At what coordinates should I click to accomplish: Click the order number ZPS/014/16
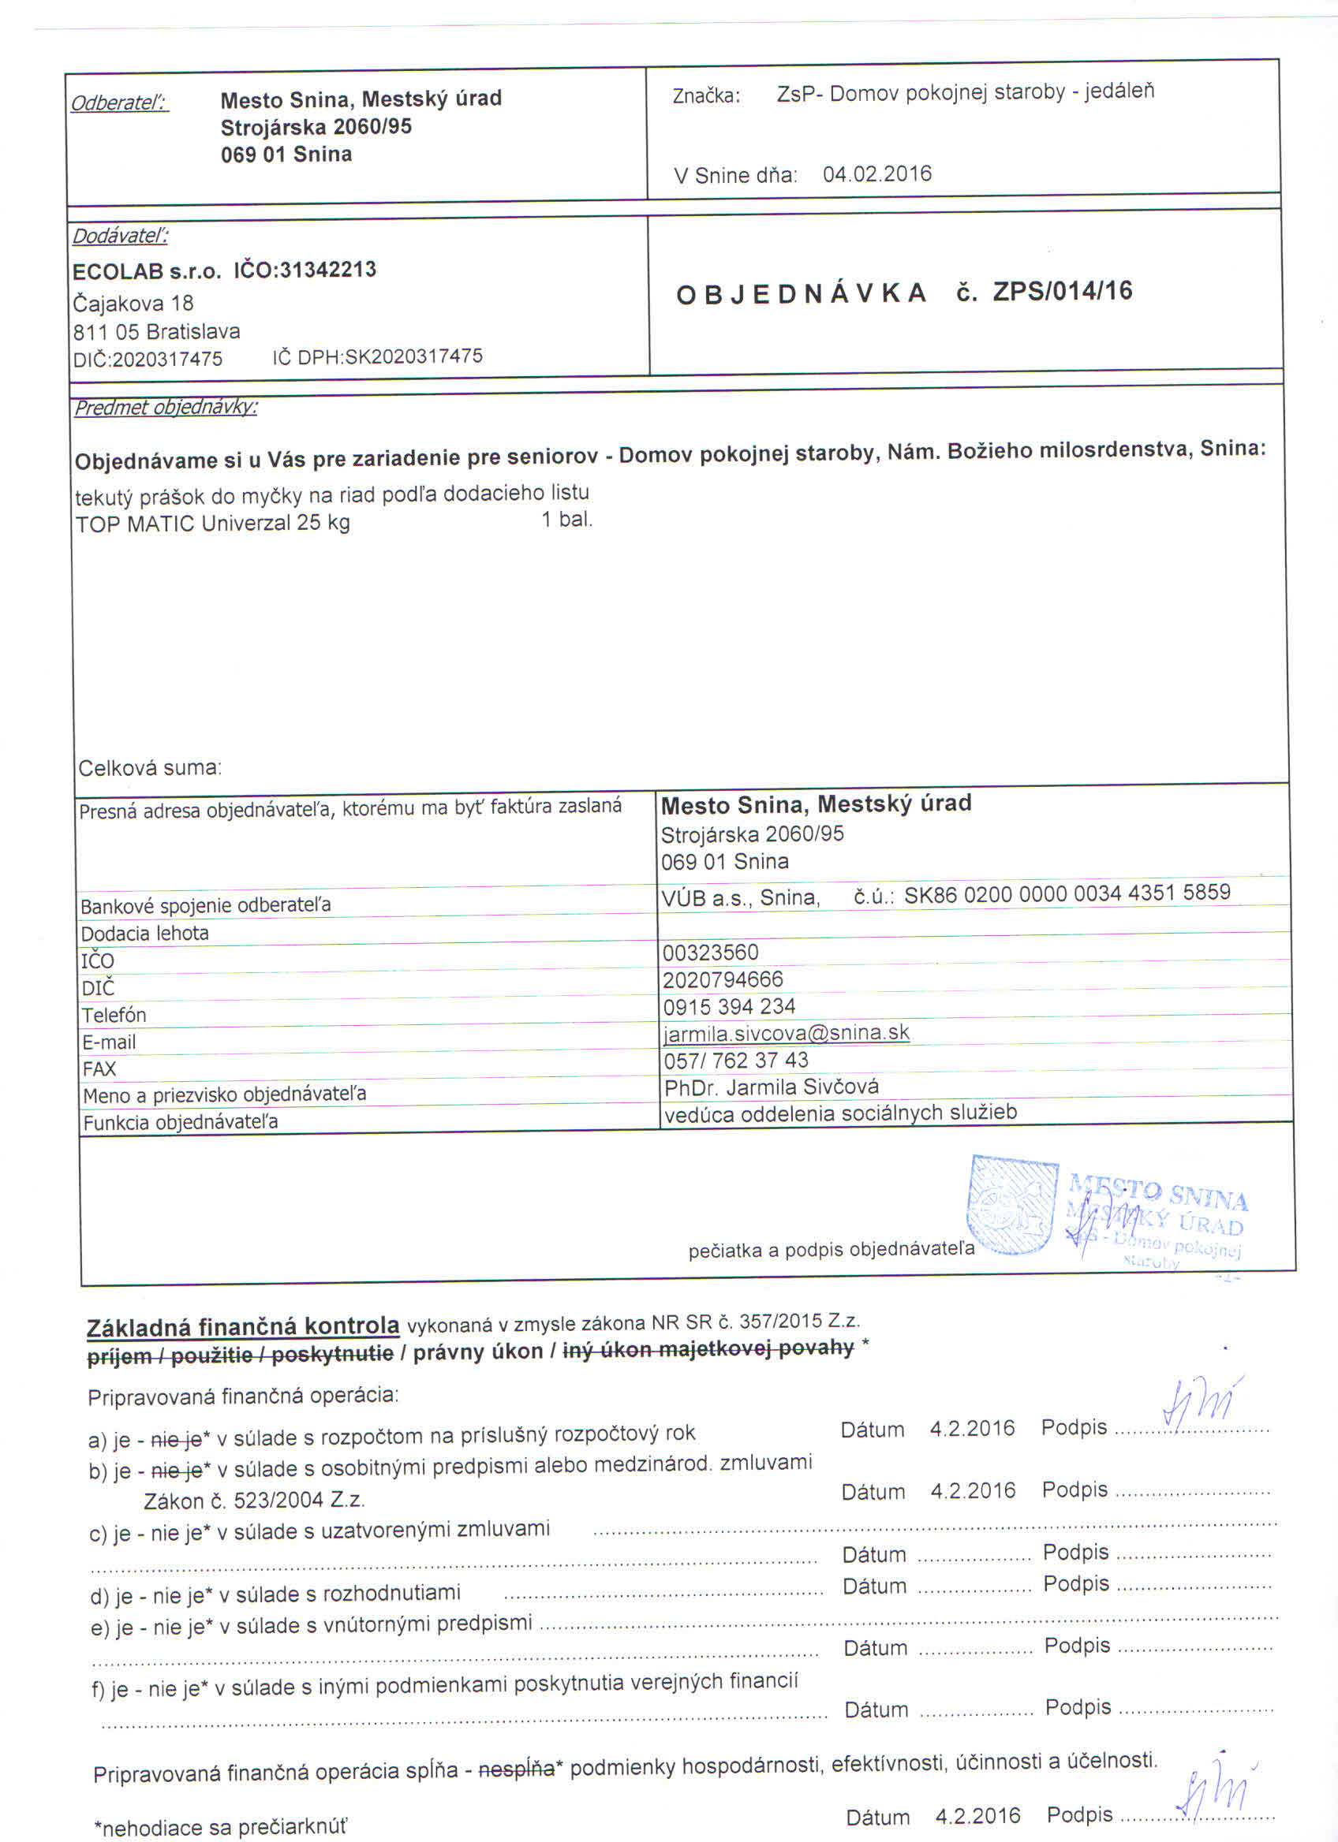tap(1062, 291)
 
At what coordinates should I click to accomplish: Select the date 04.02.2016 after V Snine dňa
tap(876, 173)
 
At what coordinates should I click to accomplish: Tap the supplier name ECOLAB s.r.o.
tap(146, 271)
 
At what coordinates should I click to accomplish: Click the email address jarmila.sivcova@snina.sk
tap(786, 1033)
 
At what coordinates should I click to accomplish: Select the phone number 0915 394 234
tap(729, 1006)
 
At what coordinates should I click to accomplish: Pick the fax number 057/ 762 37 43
tap(735, 1060)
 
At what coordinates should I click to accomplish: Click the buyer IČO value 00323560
tap(710, 952)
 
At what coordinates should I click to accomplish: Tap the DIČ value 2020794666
tap(722, 979)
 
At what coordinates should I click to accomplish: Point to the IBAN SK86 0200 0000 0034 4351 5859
tap(1067, 893)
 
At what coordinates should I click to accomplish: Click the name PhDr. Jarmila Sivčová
tap(771, 1087)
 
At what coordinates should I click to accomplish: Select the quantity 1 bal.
tap(567, 519)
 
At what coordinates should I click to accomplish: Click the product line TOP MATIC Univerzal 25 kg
tap(212, 523)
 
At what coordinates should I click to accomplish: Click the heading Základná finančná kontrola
tap(243, 1326)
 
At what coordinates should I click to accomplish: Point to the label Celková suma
tap(149, 767)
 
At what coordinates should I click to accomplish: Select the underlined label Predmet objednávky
tap(166, 407)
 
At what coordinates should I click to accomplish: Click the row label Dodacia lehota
tap(144, 933)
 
